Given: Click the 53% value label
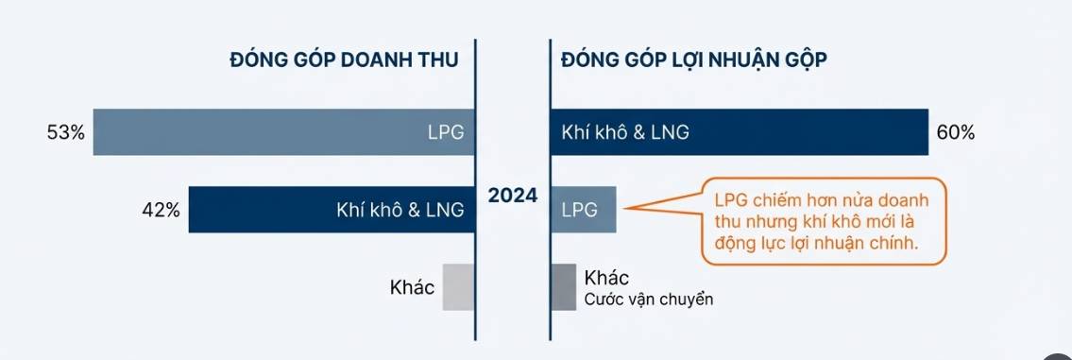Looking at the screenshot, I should tap(65, 133).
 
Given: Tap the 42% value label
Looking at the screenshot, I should tap(161, 210).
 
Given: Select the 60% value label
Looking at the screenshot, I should tap(956, 133).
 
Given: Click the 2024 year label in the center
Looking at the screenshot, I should tap(513, 197).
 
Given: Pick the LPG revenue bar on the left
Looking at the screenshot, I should tap(264, 133).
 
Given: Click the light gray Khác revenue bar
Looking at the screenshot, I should tap(457, 287).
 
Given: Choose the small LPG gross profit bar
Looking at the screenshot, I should tap(584, 210).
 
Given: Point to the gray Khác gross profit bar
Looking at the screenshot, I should tap(563, 287).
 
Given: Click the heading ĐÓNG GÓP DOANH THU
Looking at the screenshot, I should tap(344, 60).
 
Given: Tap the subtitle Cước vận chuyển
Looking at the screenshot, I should tap(647, 300).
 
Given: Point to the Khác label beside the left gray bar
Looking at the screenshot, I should tap(412, 287).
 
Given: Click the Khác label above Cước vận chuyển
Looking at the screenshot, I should tap(607, 278).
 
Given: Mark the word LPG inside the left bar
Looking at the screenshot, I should tap(446, 133).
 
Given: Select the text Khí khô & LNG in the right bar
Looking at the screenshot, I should tap(624, 133).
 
